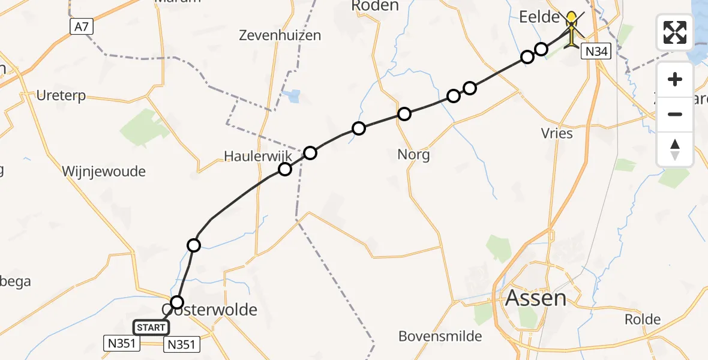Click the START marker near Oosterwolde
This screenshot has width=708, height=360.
tap(151, 328)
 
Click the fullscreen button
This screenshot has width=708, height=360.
tap(675, 32)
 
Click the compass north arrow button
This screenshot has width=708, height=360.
tap(675, 149)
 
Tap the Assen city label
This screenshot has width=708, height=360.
tap(536, 298)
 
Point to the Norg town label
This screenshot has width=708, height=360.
tap(413, 155)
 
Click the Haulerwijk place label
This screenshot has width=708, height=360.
tap(257, 156)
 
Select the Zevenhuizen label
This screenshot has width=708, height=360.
tap(280, 35)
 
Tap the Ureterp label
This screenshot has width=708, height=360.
tap(61, 95)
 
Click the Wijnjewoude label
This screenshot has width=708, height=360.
tap(104, 172)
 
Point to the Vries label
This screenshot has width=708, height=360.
tap(557, 133)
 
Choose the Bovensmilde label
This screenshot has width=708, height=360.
tap(440, 336)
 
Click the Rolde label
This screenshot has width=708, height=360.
tap(643, 319)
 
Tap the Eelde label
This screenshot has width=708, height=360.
tap(539, 17)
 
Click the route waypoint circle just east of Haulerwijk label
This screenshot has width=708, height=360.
tap(310, 153)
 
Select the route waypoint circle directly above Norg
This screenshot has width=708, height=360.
tap(404, 114)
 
